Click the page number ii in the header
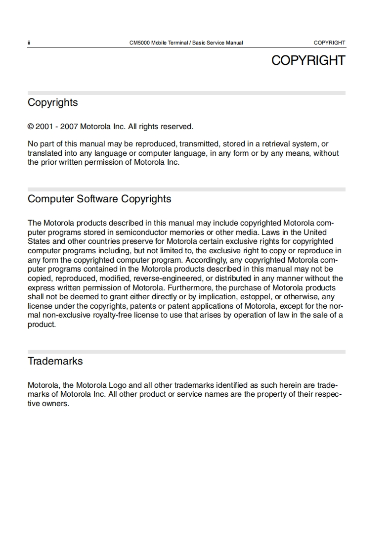[29, 43]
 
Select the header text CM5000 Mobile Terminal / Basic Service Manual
[186, 43]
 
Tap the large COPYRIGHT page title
[308, 60]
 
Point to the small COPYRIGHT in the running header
[329, 43]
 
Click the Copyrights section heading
[53, 102]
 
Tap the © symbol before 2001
[31, 127]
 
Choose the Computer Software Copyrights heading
[99, 199]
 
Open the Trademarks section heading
[55, 361]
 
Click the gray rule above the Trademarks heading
[186, 352]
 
